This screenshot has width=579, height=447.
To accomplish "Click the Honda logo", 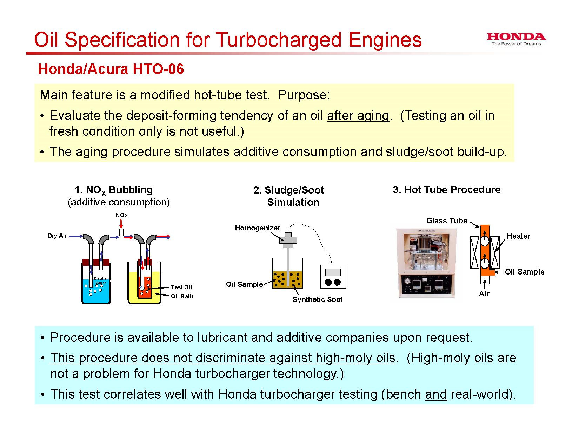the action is (516, 39).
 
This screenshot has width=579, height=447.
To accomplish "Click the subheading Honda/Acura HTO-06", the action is (111, 69).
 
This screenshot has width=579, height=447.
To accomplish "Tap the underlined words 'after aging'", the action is (358, 116).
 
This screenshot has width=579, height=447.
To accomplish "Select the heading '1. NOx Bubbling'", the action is (113, 190).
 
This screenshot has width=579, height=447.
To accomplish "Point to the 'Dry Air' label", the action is (57, 236).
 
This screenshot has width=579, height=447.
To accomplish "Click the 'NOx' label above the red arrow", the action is (121, 215).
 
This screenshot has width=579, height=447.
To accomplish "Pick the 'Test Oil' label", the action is (181, 287).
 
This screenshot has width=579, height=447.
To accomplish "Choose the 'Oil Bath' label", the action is (182, 296).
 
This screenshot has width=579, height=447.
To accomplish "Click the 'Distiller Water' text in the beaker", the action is (101, 280).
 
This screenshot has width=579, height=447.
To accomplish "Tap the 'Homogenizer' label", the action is (258, 228).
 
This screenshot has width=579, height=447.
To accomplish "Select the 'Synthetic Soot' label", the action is (318, 299).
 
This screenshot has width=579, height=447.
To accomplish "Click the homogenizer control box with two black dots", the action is (333, 277).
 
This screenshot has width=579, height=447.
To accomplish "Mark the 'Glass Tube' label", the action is (447, 221).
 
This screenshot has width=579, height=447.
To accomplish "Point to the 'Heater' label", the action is (519, 236).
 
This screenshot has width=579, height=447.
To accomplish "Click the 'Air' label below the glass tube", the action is (484, 294).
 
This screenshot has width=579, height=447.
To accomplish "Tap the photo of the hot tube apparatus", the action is (426, 263).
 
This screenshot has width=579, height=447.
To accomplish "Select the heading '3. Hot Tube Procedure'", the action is (447, 190).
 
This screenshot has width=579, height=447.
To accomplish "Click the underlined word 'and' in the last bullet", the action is (435, 394).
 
